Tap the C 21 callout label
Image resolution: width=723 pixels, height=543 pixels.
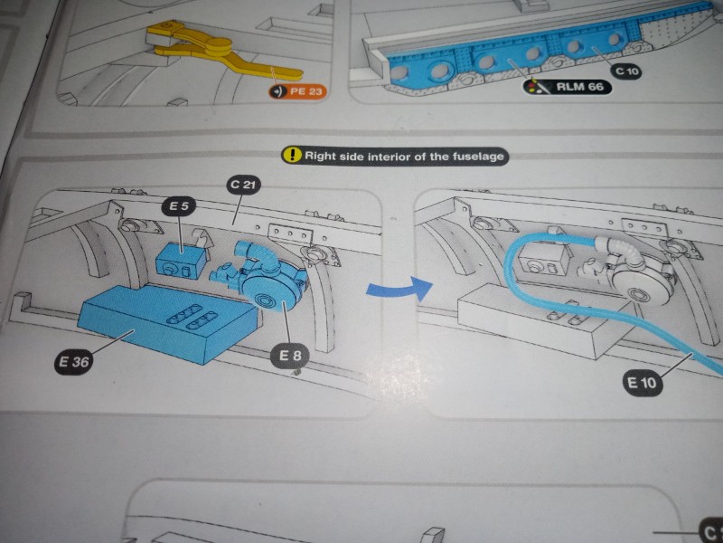click(x=241, y=186)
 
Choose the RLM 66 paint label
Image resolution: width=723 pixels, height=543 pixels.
click(x=568, y=87)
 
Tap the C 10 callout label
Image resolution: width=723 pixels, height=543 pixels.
click(x=624, y=70)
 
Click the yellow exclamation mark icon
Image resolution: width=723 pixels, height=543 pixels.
click(x=291, y=155)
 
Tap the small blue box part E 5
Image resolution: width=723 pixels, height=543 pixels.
click(x=180, y=262)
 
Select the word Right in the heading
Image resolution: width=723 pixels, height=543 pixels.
click(x=320, y=155)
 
